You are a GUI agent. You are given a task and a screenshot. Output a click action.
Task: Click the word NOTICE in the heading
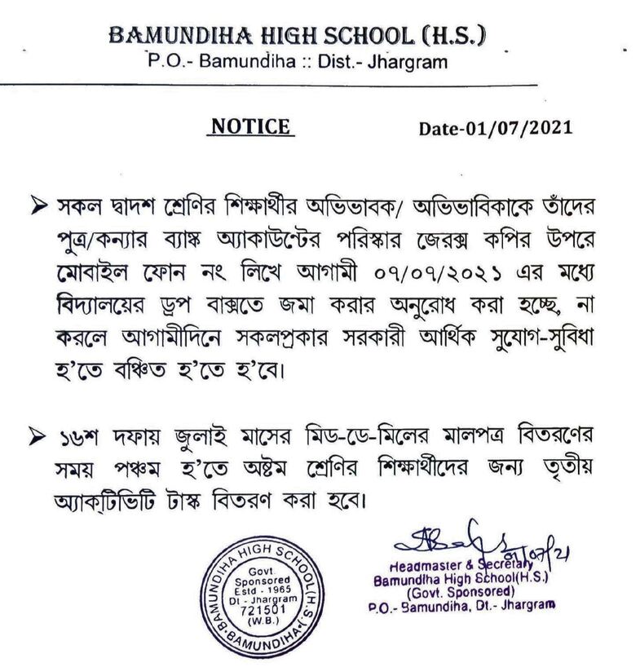point(250,126)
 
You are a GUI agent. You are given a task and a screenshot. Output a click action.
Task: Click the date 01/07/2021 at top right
point(495,128)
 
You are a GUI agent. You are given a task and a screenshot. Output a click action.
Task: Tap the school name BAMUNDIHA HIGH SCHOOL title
point(268,36)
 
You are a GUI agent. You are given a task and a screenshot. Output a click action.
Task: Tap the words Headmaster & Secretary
point(451,564)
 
